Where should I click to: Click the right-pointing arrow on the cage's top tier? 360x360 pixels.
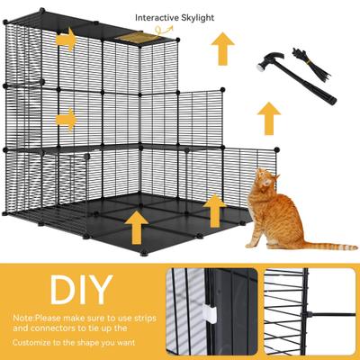(64, 40)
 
